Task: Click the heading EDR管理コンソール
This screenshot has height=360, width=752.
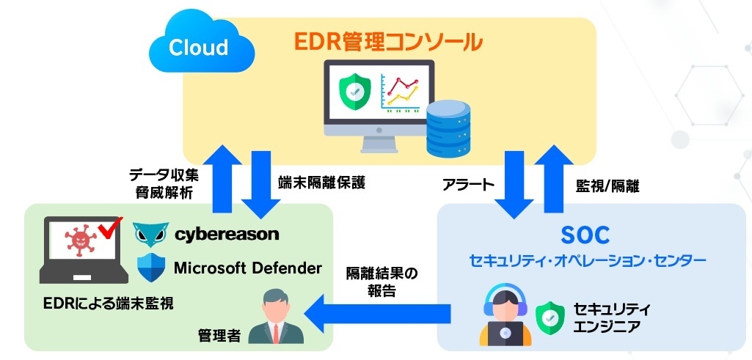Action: pos(387,43)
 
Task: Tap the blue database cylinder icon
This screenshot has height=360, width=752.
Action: pos(448,128)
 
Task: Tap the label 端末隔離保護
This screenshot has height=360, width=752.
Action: pos(322,183)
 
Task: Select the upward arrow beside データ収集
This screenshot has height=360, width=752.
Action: pos(222,178)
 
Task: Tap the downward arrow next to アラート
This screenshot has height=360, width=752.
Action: pos(514,185)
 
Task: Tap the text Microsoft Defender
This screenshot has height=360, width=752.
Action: pos(247,268)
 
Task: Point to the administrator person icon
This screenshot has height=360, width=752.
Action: pos(277,317)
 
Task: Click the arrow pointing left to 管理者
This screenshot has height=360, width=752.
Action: pos(378,314)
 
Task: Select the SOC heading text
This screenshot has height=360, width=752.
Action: pos(585,235)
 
